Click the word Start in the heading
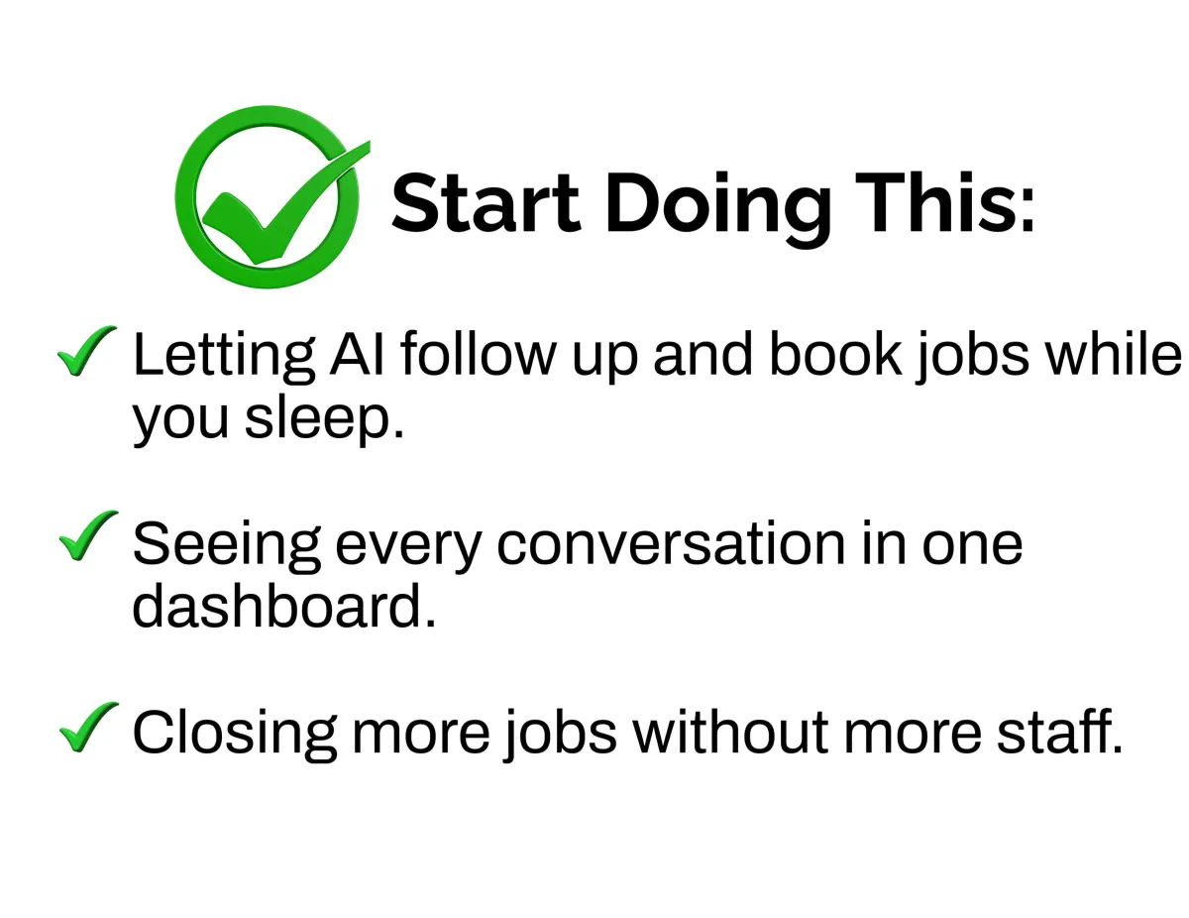point(486,202)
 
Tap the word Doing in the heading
point(718,209)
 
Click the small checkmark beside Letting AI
point(87,351)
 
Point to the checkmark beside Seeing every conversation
point(88,536)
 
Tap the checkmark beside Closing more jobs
point(88,727)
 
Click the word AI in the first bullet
point(357,354)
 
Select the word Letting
point(224,358)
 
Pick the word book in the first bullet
point(836,354)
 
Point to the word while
point(1113,354)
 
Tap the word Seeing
point(227,547)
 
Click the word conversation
point(672,544)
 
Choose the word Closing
point(235,736)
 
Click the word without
point(730,733)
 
